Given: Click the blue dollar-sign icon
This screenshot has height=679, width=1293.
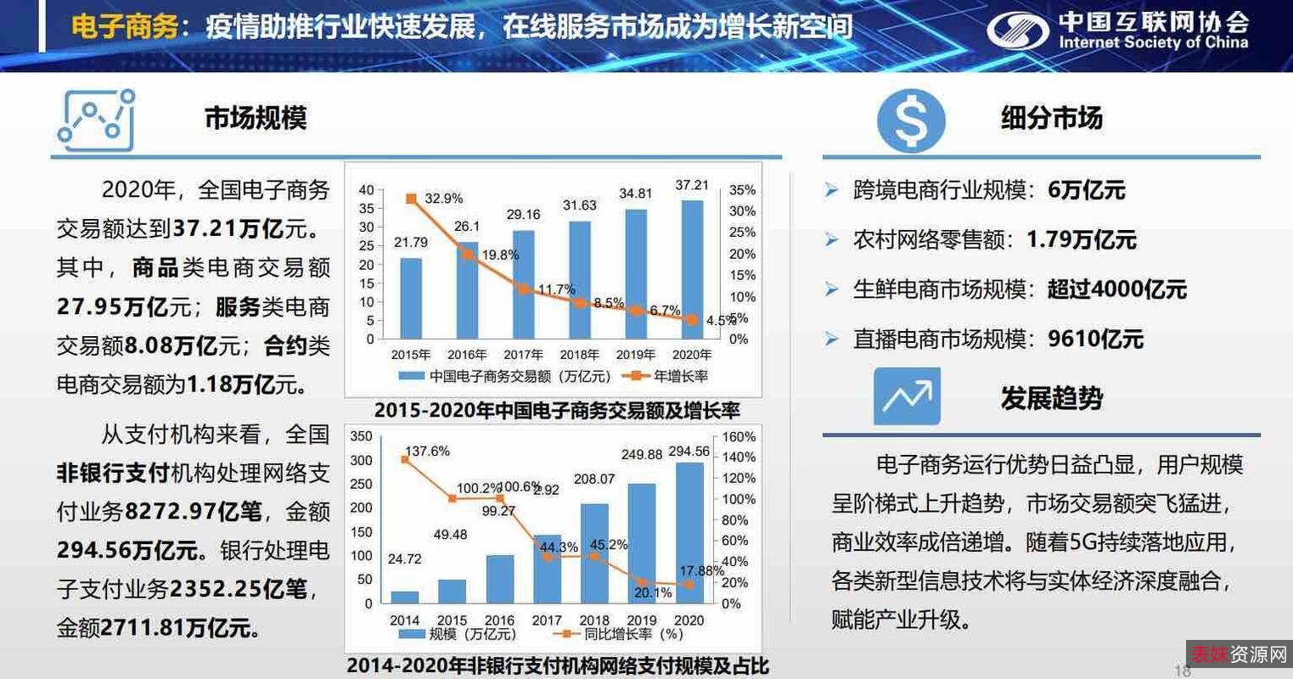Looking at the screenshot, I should point(910,120).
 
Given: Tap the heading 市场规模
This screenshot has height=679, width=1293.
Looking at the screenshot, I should point(256,118).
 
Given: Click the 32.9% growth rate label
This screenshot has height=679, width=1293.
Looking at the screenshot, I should point(443,199).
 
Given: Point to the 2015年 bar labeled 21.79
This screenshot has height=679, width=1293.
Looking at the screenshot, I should point(411,297).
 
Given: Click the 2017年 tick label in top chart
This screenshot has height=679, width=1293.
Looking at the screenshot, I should point(523,355).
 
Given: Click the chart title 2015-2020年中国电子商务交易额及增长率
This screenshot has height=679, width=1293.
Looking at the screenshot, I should point(557,411).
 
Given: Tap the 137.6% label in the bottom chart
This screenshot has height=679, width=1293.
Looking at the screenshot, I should point(427,452).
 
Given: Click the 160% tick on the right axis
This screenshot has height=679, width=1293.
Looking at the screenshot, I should point(739,437).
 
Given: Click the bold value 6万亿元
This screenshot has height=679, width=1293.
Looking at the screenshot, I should point(1086,190).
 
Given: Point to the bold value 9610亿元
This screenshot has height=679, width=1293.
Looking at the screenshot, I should point(1095,339).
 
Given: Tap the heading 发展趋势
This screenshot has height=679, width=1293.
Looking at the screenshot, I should point(1051,398).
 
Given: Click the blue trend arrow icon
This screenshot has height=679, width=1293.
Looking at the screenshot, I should point(907,396).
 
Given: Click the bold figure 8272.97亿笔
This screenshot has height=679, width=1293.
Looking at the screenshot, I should point(193,512).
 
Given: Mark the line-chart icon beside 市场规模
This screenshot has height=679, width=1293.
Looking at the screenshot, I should point(96,120).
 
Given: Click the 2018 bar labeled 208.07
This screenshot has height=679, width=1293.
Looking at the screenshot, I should point(594,553).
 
